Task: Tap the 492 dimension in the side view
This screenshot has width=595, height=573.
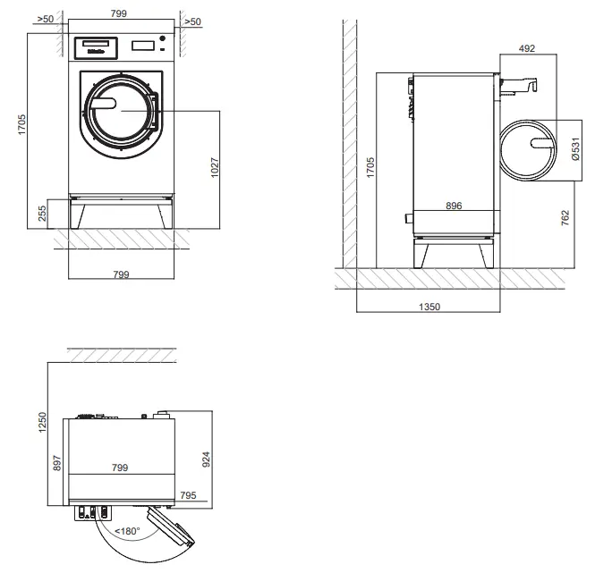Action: pyautogui.click(x=526, y=48)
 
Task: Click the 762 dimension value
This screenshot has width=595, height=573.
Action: pyautogui.click(x=565, y=218)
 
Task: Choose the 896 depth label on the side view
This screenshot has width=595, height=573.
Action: pyautogui.click(x=454, y=206)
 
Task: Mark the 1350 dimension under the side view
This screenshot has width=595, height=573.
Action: pyautogui.click(x=429, y=306)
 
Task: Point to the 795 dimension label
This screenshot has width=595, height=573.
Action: pyautogui.click(x=188, y=493)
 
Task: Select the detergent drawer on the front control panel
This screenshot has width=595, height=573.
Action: pyautogui.click(x=95, y=44)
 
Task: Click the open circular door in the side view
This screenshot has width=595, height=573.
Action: pyautogui.click(x=528, y=148)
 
